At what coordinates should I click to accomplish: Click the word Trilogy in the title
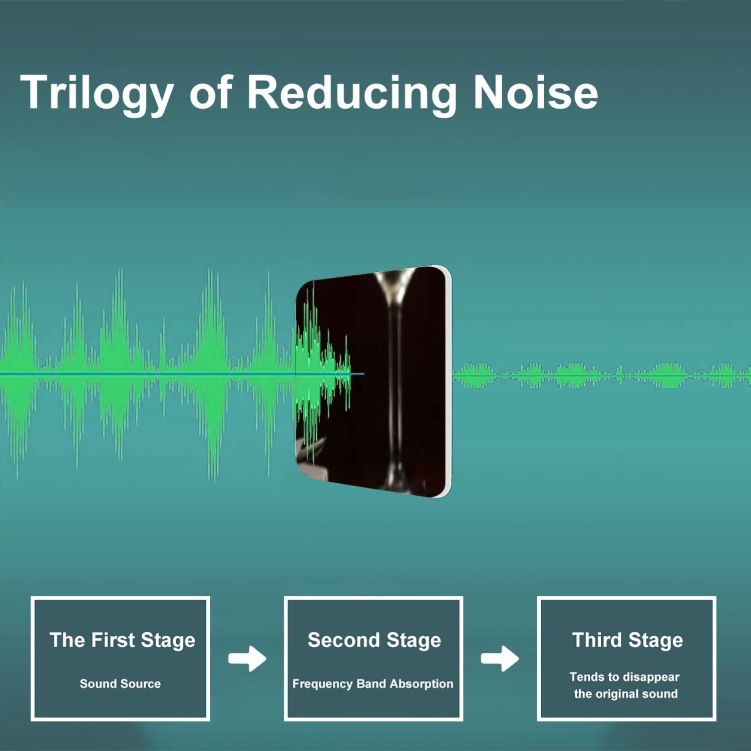click(97, 93)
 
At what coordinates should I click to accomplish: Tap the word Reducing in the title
click(352, 93)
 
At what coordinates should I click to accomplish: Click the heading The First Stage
click(122, 640)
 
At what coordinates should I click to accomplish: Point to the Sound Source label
click(120, 683)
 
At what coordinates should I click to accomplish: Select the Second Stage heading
click(374, 640)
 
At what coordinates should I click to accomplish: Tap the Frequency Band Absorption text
click(372, 684)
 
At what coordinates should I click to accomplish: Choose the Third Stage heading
click(627, 640)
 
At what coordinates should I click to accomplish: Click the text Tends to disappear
click(624, 677)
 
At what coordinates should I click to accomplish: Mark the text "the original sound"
click(626, 694)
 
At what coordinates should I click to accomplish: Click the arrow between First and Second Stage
click(247, 658)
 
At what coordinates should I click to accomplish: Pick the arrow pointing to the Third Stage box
click(500, 658)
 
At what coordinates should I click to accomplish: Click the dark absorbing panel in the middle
click(373, 381)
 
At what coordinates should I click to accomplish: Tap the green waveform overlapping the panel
click(323, 373)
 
